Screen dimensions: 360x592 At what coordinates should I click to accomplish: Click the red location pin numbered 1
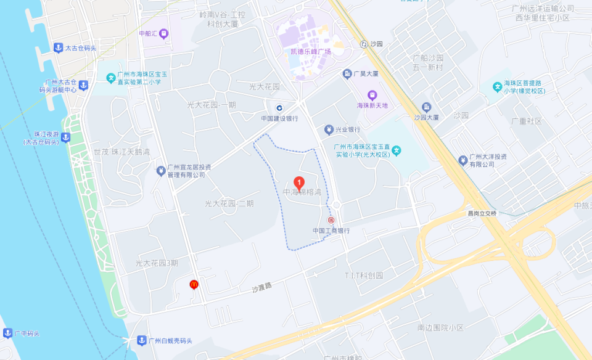(298, 182)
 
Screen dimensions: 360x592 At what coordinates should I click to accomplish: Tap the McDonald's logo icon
(194, 284)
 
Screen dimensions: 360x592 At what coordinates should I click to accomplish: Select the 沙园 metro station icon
(364, 44)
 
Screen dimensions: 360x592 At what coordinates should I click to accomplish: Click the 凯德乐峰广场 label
(311, 51)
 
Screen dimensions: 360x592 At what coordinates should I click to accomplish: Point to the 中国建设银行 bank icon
(279, 108)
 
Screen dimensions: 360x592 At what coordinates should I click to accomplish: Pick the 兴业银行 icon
(329, 129)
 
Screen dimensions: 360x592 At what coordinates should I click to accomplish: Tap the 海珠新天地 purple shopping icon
(372, 95)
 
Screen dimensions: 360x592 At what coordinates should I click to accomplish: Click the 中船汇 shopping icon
(163, 34)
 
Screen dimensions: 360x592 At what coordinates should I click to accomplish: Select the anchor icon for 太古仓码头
(58, 47)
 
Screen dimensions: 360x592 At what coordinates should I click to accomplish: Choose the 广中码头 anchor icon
(7, 333)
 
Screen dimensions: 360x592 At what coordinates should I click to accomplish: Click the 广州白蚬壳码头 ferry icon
(142, 340)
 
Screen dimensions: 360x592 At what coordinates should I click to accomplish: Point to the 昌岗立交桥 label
(481, 213)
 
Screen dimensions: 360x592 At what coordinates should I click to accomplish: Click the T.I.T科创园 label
(364, 275)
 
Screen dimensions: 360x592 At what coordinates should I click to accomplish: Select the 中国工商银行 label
(331, 231)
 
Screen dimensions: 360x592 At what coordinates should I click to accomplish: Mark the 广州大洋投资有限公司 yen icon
(462, 160)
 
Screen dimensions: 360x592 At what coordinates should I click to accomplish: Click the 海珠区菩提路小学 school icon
(497, 86)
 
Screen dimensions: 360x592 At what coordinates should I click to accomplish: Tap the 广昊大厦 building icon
(347, 74)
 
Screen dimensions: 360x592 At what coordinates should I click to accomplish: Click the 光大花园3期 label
(157, 263)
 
